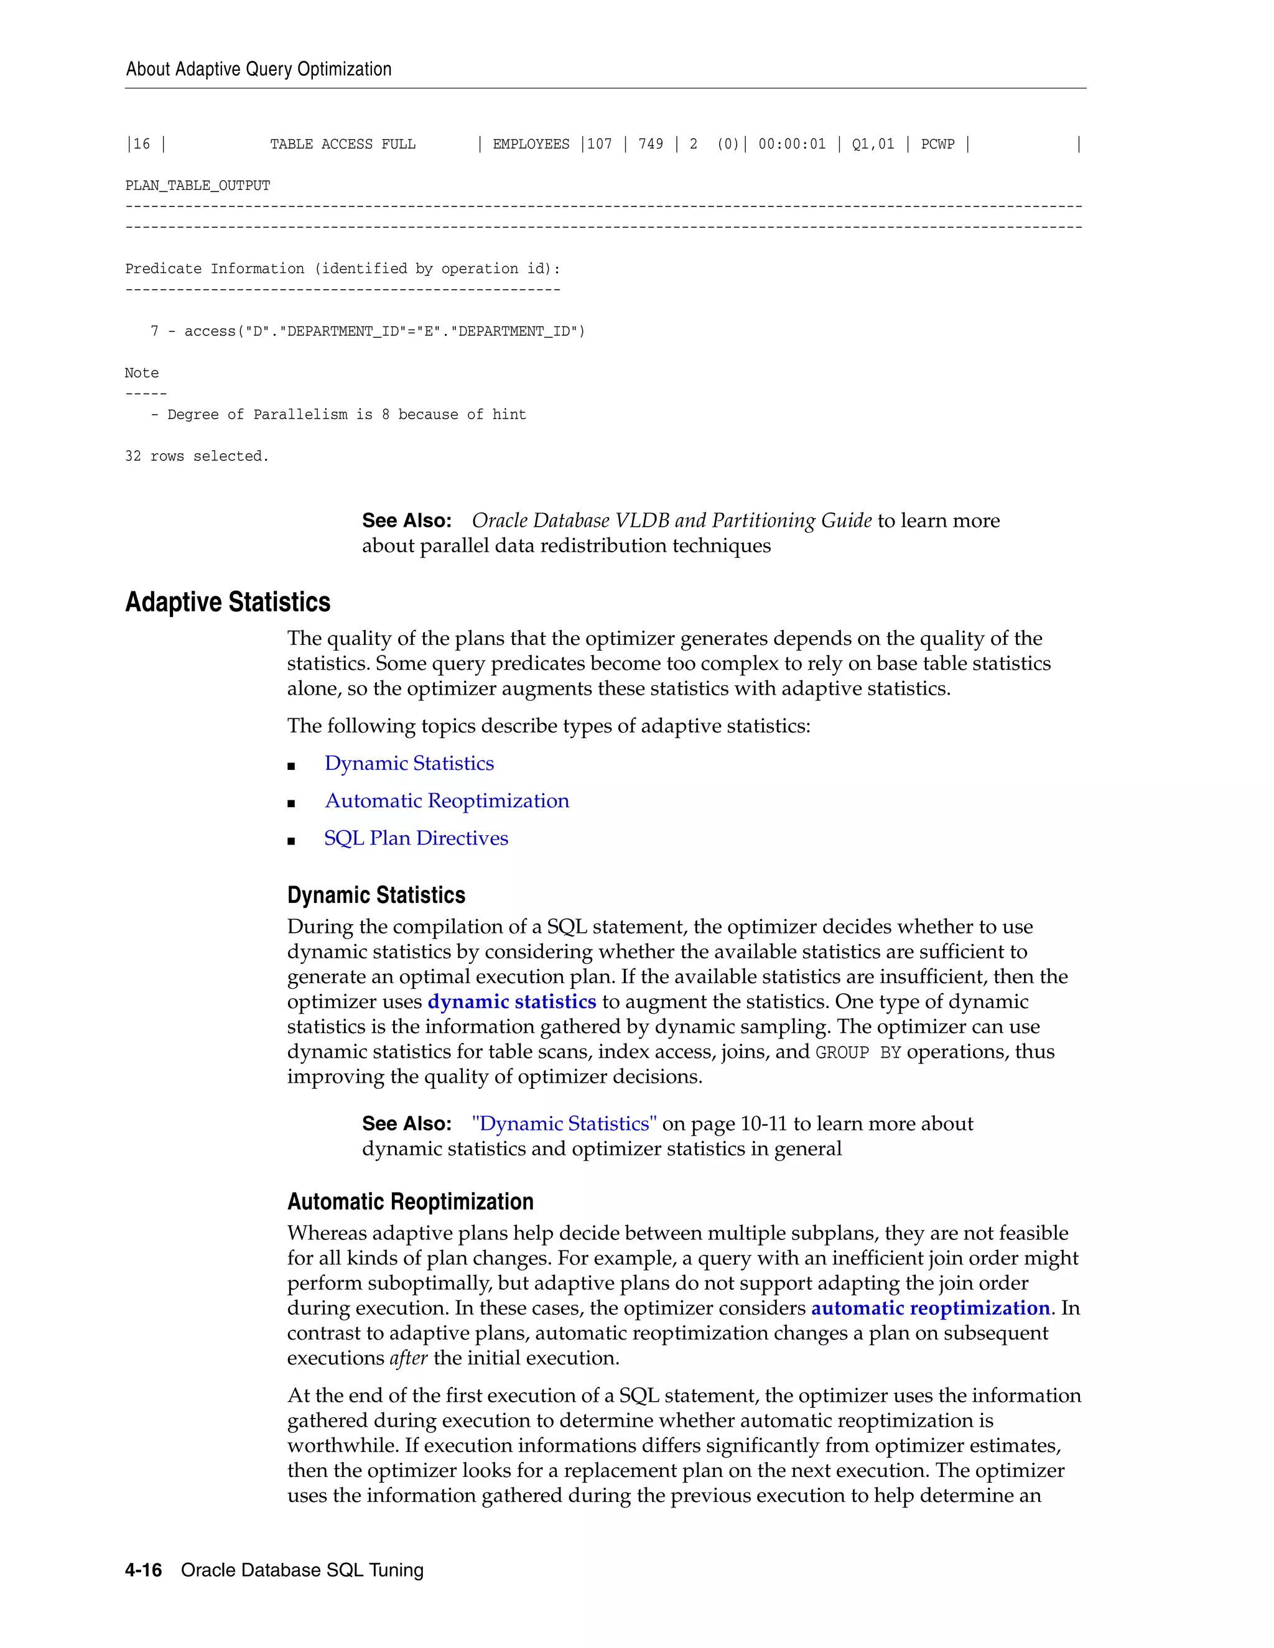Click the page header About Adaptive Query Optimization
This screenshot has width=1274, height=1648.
[258, 70]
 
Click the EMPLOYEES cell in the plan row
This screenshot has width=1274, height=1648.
[531, 144]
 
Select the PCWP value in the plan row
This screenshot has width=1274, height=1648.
[937, 144]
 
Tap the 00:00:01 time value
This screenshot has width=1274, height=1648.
[792, 144]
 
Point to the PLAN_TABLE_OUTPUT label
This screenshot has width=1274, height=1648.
[198, 185]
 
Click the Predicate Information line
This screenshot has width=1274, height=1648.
[343, 269]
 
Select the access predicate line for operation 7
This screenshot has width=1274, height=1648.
[368, 331]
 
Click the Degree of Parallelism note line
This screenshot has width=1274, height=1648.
[339, 414]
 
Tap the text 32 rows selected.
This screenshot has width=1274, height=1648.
[197, 456]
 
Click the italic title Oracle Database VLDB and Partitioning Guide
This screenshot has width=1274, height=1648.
[672, 521]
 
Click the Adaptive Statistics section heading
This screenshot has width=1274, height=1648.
[228, 602]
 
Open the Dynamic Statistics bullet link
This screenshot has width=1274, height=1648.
[409, 763]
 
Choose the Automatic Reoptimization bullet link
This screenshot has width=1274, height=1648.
[447, 800]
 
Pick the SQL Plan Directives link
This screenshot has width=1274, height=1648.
[416, 838]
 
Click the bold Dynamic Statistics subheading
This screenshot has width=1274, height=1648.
[376, 895]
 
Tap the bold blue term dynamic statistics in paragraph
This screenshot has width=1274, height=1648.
[512, 1001]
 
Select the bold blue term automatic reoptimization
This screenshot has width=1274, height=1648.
[930, 1308]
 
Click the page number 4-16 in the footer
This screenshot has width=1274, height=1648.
[144, 1570]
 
